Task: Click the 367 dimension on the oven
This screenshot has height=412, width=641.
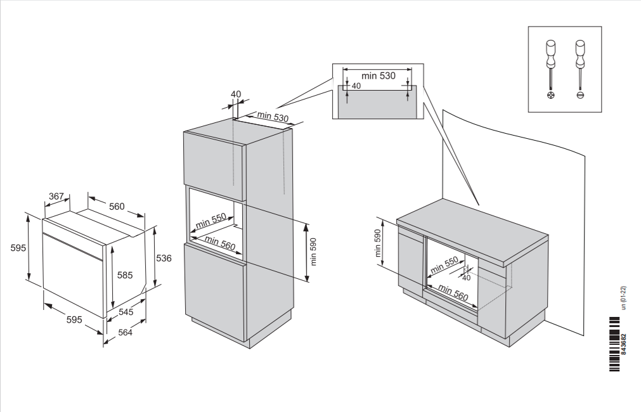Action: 56,196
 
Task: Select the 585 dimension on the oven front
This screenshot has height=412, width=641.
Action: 125,275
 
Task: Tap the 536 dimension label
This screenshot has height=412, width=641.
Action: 164,258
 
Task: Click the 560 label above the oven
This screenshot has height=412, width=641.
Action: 117,206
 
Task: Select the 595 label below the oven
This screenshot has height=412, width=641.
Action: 74,320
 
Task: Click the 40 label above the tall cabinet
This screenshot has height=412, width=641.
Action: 236,94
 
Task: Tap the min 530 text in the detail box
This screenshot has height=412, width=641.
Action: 378,76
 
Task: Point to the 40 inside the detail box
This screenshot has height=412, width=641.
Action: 356,86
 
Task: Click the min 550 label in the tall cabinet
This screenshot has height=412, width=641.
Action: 210,221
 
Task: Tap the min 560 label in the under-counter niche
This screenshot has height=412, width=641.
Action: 453,293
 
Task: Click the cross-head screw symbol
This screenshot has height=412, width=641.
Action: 550,95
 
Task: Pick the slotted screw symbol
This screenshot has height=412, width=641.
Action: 579,95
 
